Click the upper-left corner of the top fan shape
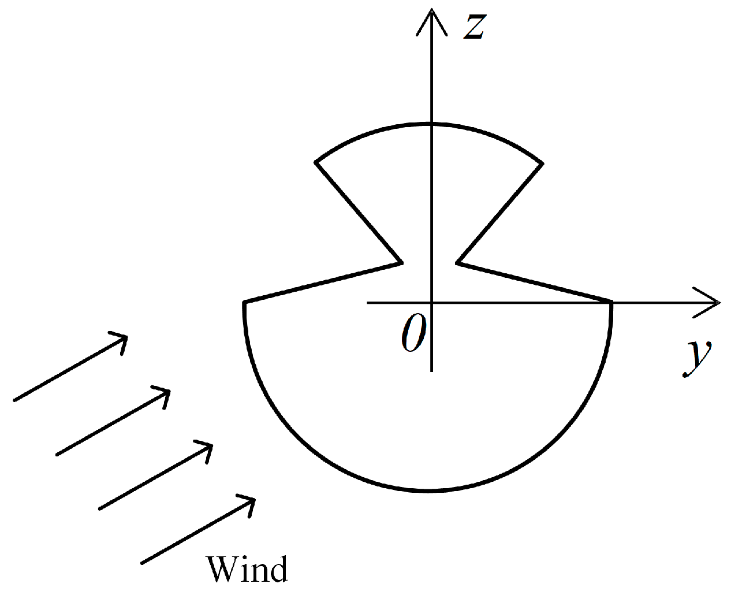tap(316, 162)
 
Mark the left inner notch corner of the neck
tap(401, 263)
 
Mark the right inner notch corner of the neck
tap(457, 263)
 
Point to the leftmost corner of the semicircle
tap(245, 302)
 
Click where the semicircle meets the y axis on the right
tap(611, 302)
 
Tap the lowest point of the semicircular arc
tap(428, 492)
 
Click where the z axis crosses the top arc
tap(432, 123)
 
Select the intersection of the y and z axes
tap(432, 302)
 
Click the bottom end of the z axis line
tap(432, 370)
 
